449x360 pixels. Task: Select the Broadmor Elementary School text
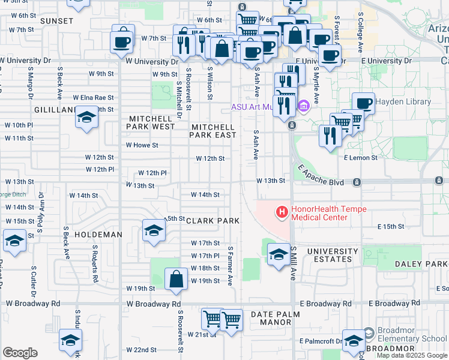tap(412, 335)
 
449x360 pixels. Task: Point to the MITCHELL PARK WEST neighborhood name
tap(151, 123)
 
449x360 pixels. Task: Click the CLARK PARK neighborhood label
tap(213, 221)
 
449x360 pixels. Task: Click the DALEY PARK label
tap(421, 264)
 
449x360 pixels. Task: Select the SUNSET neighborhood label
tap(56, 21)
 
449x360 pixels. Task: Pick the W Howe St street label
tap(142, 145)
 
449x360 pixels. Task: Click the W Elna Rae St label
tap(93, 98)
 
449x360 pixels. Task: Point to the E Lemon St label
tap(360, 157)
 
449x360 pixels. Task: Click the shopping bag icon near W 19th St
tap(175, 280)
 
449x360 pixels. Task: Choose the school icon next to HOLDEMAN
tap(153, 230)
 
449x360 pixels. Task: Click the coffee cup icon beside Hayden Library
tap(363, 103)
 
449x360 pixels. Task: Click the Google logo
tap(20, 353)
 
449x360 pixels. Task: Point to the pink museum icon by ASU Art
tap(304, 107)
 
